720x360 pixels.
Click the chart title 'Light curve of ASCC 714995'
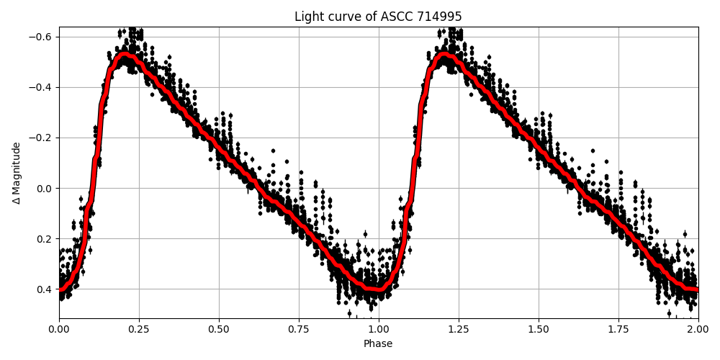(x=378, y=17)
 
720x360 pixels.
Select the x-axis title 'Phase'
(x=378, y=344)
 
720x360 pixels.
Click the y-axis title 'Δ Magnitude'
(x=17, y=173)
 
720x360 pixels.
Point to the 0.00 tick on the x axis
(x=59, y=329)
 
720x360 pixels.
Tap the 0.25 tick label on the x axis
(x=139, y=329)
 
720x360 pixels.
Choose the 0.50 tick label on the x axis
(x=219, y=329)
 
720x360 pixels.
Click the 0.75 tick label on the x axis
(x=299, y=329)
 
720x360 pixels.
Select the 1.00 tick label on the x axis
(x=379, y=329)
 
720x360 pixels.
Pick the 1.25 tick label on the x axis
(x=459, y=329)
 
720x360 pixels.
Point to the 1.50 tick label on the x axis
(x=539, y=329)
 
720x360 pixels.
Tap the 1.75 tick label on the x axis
(x=618, y=329)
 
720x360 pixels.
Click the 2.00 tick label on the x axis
(x=698, y=329)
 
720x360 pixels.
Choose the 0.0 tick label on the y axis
(x=45, y=189)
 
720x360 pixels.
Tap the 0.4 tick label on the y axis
(x=45, y=289)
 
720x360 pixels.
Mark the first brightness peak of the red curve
(x=125, y=55)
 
